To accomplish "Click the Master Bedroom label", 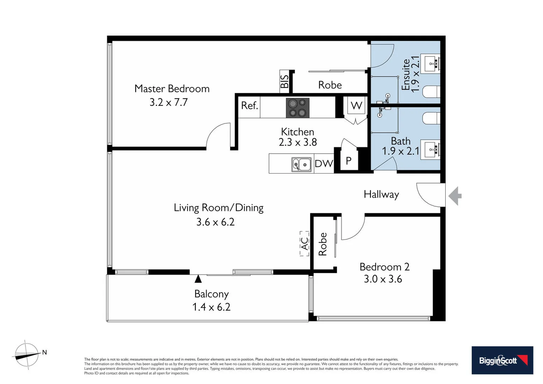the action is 172,89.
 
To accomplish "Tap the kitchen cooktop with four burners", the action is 298,108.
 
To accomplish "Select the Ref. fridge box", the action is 249,107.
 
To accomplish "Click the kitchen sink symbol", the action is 301,165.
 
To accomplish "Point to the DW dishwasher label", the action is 324,164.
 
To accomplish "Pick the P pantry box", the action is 349,161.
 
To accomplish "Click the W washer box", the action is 356,106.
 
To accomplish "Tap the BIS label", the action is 285,81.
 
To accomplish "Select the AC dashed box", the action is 305,244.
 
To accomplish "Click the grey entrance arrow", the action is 455,196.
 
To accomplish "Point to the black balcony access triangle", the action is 198,279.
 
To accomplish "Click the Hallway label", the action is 381,194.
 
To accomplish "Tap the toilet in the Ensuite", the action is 431,91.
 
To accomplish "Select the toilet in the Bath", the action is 431,118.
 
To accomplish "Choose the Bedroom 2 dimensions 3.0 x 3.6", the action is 383,279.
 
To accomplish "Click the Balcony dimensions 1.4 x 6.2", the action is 211,307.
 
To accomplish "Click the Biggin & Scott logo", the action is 502,360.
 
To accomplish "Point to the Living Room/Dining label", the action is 219,208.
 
